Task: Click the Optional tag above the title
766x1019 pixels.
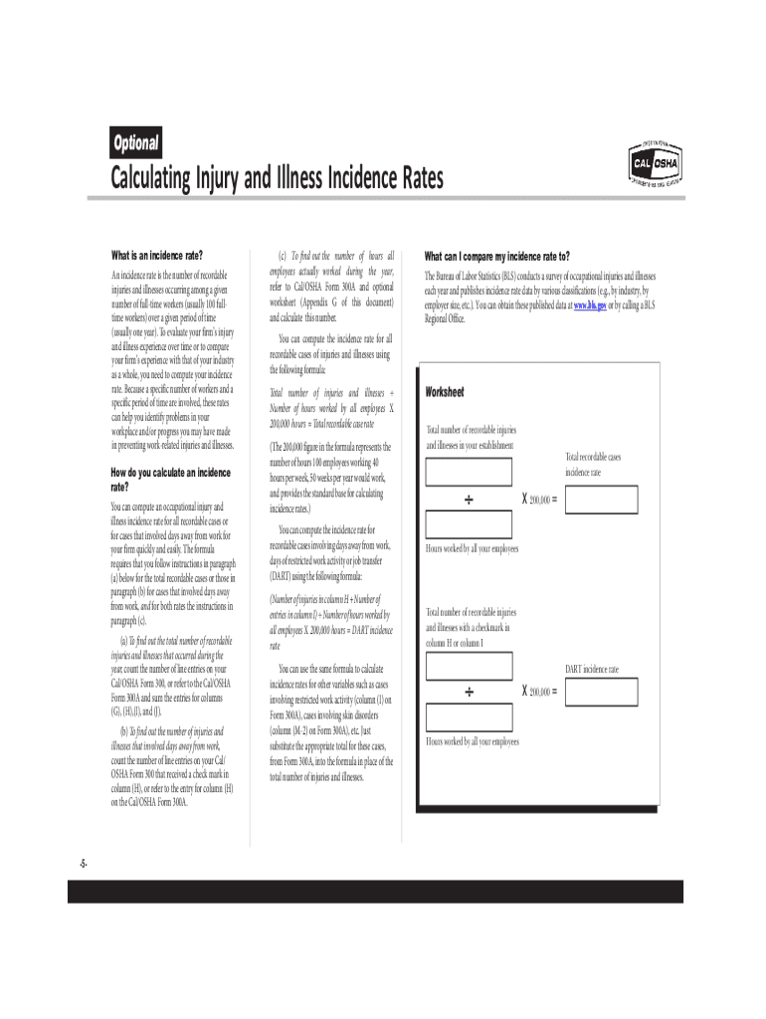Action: coord(135,143)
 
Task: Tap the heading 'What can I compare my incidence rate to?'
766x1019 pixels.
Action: coord(497,255)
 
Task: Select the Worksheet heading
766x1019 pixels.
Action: coord(446,392)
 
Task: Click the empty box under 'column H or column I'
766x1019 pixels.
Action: coord(469,665)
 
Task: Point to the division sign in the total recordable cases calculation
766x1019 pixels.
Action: coord(468,498)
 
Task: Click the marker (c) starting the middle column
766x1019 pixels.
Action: coord(284,256)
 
